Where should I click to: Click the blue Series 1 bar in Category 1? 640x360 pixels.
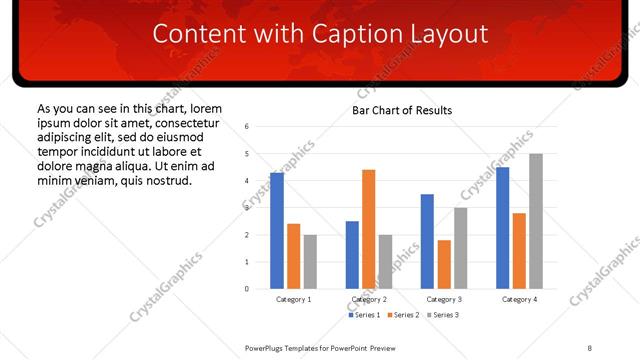tap(277, 231)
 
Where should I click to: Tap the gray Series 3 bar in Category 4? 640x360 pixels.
tap(536, 221)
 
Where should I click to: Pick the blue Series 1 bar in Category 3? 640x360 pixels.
tap(427, 241)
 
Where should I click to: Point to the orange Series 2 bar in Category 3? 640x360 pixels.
tap(444, 264)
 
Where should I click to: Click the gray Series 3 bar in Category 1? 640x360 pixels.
tap(311, 262)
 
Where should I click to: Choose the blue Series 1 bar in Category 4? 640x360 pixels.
tap(502, 228)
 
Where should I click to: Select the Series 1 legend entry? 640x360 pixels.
tap(363, 315)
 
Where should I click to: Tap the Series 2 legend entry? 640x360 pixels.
tap(402, 315)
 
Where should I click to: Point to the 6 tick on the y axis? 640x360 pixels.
tap(247, 127)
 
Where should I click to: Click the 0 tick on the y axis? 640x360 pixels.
tap(247, 289)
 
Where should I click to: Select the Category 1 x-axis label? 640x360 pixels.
tap(294, 299)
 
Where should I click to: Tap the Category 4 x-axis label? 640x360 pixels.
tap(519, 299)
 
